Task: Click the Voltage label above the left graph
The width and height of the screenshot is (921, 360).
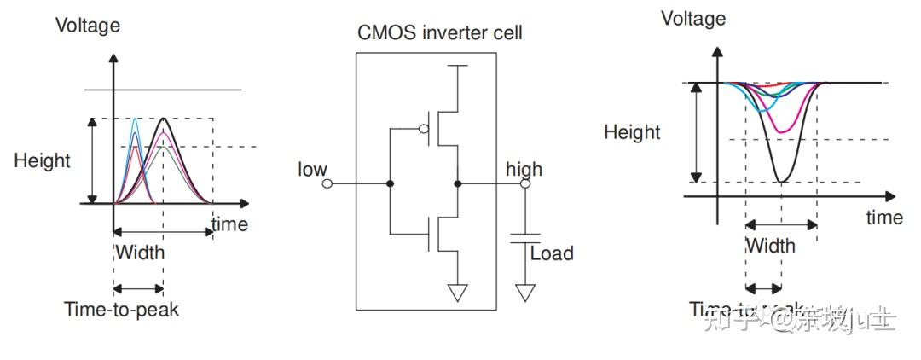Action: (88, 25)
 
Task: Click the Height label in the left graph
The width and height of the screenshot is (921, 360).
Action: (42, 160)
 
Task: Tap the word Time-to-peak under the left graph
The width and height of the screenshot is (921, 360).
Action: (121, 309)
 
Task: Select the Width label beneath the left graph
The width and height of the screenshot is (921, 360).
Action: (139, 253)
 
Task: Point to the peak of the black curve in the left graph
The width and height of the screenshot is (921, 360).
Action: (162, 119)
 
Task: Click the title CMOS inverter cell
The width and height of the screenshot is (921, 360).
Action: (439, 33)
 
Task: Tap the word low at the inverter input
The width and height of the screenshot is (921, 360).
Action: (312, 169)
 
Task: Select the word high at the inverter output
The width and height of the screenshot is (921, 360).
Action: (524, 168)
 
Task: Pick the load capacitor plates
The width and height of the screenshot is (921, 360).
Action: (525, 237)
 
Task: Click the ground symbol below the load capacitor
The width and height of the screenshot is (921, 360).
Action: (525, 293)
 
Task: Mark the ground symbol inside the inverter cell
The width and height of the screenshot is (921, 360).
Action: (459, 293)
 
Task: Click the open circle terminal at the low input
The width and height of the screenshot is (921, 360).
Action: (327, 183)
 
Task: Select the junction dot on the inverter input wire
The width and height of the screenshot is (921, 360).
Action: (391, 183)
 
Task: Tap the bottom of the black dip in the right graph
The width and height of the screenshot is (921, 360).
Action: (781, 181)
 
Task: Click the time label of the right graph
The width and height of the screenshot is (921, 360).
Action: (883, 218)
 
